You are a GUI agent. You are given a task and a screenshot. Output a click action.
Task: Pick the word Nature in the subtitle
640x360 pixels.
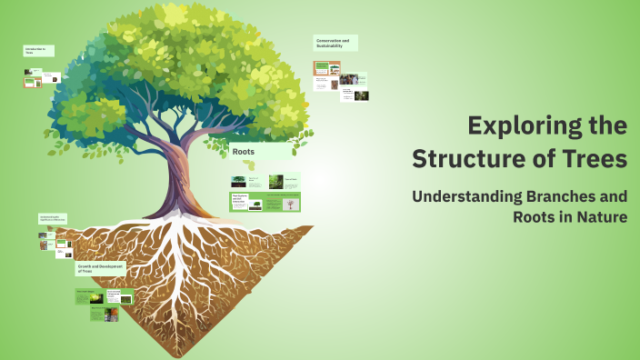[599, 217]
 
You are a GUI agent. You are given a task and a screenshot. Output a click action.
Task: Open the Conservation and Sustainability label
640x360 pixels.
[335, 43]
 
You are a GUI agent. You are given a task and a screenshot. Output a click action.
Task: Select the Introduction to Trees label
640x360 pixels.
[38, 51]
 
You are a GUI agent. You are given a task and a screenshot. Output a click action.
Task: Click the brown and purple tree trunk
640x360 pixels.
[178, 182]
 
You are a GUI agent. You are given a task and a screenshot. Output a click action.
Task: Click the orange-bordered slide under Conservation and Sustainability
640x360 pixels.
[325, 68]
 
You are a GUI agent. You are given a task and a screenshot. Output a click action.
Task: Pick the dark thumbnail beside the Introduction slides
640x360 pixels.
[55, 78]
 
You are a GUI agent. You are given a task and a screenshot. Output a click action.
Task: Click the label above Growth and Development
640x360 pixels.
[54, 219]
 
